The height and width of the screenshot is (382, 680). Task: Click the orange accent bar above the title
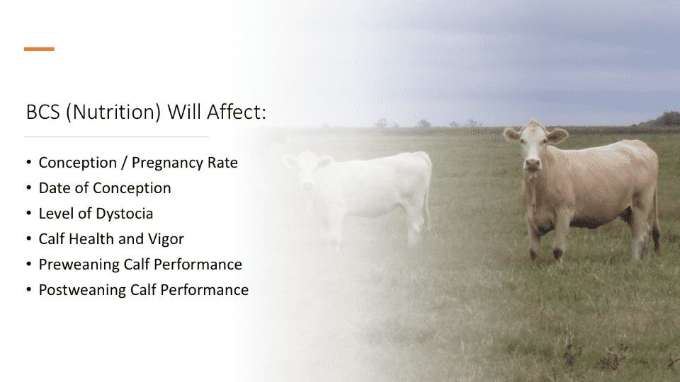click(39, 49)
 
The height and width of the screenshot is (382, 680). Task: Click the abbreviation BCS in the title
click(43, 112)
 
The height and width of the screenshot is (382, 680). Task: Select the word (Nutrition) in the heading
click(113, 112)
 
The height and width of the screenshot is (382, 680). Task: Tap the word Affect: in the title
click(236, 112)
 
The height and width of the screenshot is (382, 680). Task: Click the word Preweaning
click(79, 265)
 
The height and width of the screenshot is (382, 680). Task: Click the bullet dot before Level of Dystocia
click(29, 213)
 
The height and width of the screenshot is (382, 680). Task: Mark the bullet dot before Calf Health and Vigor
click(29, 238)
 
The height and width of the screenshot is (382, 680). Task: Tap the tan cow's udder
click(625, 216)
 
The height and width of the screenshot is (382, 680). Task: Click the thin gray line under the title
click(116, 137)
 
